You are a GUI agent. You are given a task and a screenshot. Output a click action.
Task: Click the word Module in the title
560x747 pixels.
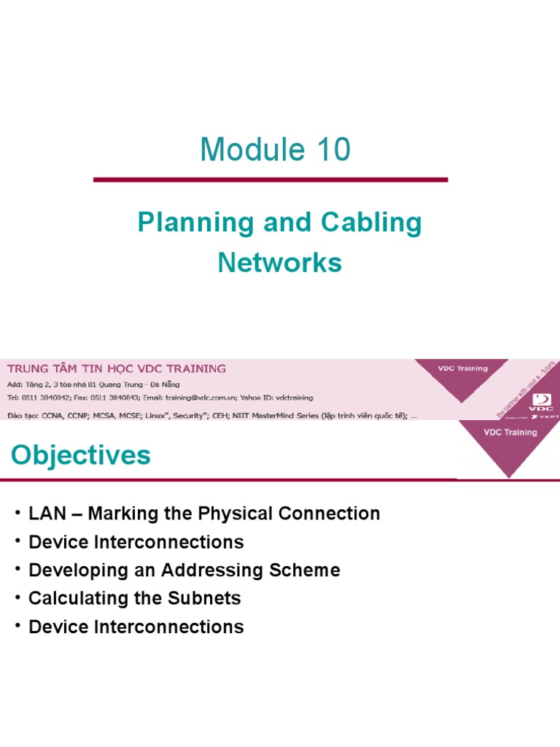point(247,150)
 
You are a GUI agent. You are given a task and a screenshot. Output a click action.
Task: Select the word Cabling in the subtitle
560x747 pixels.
point(378,223)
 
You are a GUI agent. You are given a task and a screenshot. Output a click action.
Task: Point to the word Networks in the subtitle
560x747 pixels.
point(280,263)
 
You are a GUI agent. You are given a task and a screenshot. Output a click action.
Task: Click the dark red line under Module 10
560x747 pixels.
point(271,179)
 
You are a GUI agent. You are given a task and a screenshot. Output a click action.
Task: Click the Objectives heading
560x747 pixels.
point(81,456)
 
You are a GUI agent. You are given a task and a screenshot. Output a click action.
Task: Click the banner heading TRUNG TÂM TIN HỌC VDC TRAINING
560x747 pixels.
point(117,368)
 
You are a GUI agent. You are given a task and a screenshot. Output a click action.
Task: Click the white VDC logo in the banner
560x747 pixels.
point(543,399)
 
